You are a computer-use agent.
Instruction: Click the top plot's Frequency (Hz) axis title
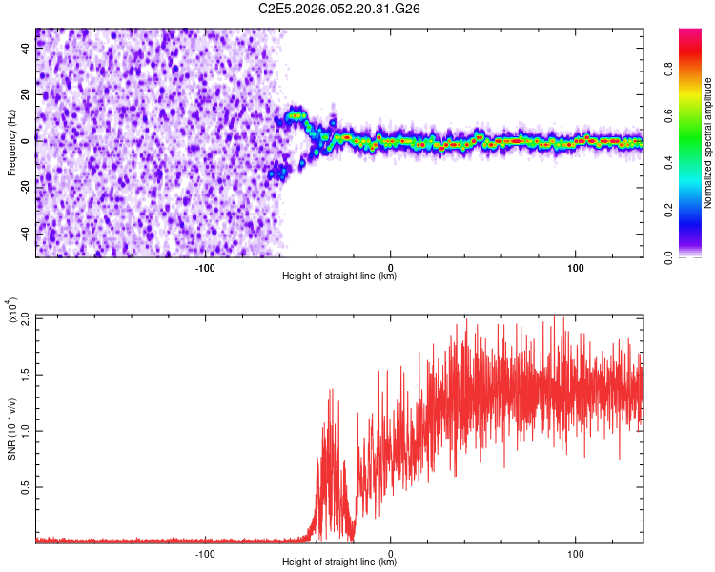point(11,143)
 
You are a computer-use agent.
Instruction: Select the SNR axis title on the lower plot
point(11,429)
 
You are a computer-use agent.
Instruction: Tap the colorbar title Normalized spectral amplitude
point(708,144)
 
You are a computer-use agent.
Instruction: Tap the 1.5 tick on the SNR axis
point(25,373)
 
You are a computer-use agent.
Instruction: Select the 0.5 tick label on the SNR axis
point(25,486)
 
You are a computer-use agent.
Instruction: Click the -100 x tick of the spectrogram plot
point(205,267)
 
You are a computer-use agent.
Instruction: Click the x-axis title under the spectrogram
point(339,276)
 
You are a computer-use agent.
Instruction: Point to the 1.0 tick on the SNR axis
point(25,430)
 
